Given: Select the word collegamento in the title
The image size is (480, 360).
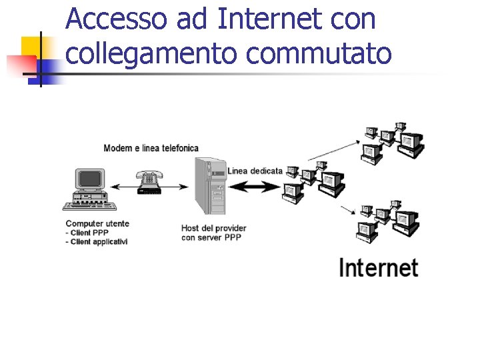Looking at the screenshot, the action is [x=151, y=53].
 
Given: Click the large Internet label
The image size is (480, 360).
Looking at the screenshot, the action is [x=378, y=268].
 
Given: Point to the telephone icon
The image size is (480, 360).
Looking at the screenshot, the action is [x=148, y=182].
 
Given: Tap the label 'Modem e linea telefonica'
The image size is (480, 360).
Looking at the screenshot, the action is [x=151, y=147].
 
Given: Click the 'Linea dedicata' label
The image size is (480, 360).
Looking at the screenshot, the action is [x=255, y=171].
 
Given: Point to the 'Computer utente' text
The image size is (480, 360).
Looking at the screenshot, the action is [x=97, y=223].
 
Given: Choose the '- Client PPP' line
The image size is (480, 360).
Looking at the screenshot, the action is [x=87, y=233].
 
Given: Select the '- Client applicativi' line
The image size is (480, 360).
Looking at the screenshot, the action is [x=97, y=241].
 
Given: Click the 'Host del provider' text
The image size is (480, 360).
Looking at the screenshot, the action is [x=213, y=228].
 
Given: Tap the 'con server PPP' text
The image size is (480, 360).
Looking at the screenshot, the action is [x=211, y=237].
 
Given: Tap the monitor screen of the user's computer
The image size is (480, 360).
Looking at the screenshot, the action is [x=91, y=178].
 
